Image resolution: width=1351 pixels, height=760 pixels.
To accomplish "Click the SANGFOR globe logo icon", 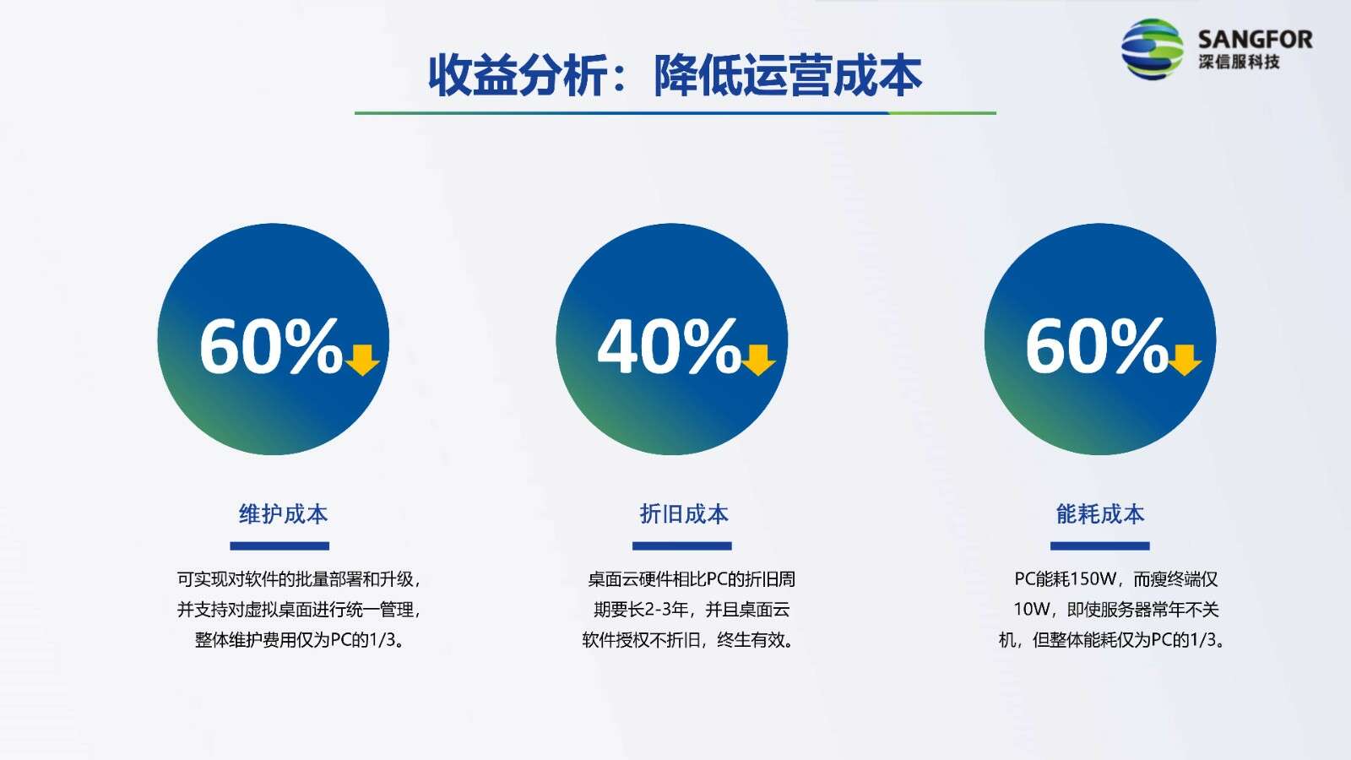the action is pyautogui.click(x=1152, y=48).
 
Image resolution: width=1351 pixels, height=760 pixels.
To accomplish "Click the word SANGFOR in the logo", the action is pyautogui.click(x=1255, y=40).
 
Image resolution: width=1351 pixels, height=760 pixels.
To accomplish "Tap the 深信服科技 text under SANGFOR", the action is pyautogui.click(x=1239, y=62).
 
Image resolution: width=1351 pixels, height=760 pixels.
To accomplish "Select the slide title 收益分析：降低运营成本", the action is pyautogui.click(x=675, y=76).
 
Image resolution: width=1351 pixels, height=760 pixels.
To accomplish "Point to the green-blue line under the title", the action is pyautogui.click(x=675, y=113).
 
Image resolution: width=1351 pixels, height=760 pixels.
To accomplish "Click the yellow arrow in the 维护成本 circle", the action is pyautogui.click(x=362, y=360).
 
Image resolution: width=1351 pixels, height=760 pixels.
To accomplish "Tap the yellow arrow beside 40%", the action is pyautogui.click(x=758, y=360).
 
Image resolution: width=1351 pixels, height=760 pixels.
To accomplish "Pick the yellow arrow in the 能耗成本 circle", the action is pyautogui.click(x=1186, y=360).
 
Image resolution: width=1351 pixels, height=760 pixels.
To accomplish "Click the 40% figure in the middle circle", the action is pyautogui.click(x=669, y=346).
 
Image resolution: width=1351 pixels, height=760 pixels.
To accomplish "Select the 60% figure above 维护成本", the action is pyautogui.click(x=271, y=346).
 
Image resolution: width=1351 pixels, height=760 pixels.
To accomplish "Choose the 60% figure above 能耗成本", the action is pyautogui.click(x=1097, y=346).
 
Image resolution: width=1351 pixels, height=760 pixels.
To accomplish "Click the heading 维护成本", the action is pyautogui.click(x=283, y=514).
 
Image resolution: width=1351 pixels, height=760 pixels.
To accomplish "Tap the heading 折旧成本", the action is pyautogui.click(x=684, y=514).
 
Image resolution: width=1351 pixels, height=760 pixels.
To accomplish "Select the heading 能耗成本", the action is pyautogui.click(x=1100, y=514).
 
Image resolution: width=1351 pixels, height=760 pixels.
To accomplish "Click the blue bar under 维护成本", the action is pyautogui.click(x=279, y=546).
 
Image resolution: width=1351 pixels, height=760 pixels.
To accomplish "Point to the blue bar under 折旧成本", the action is pyautogui.click(x=681, y=546).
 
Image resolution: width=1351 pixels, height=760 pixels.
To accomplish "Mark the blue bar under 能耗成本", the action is pyautogui.click(x=1099, y=546).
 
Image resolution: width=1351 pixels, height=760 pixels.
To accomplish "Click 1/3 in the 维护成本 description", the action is pyautogui.click(x=380, y=639).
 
